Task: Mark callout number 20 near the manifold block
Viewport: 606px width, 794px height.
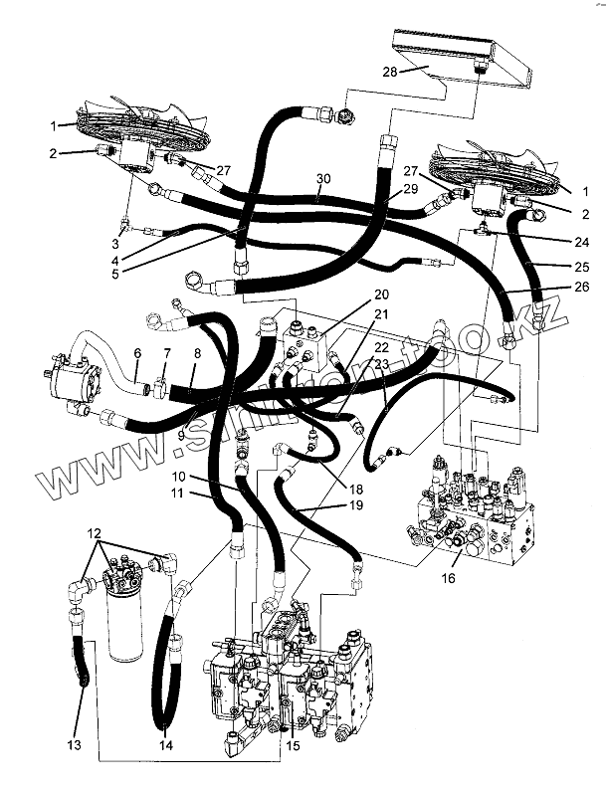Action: point(381,295)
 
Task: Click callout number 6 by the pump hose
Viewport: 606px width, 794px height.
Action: point(137,354)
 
